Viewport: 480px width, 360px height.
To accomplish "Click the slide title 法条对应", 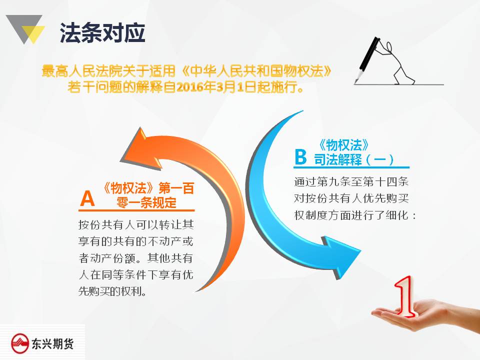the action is [102, 32].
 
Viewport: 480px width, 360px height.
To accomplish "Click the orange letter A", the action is [87, 198].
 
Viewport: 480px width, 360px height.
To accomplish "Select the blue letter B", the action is [300, 156].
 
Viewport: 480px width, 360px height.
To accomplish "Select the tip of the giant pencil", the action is [355, 82].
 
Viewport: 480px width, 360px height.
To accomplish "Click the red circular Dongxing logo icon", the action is [20, 343].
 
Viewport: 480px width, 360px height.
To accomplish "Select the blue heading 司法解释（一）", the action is [354, 159].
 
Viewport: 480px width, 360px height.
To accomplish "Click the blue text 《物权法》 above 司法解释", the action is [343, 145].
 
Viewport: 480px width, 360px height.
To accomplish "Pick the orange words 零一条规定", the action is [146, 202].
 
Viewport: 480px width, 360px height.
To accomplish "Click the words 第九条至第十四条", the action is [363, 181].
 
